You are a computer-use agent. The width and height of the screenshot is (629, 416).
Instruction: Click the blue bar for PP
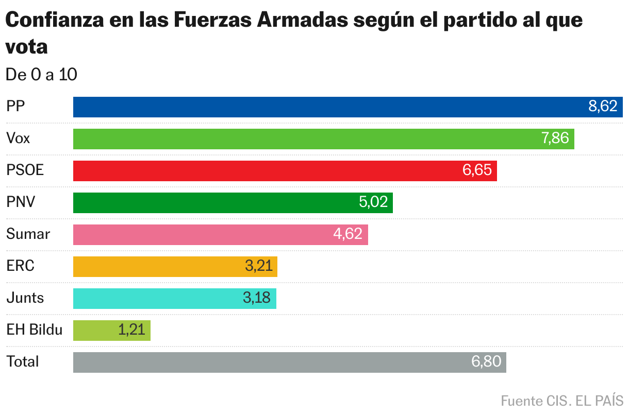tap(330, 107)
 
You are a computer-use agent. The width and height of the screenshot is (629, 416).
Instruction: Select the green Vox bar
tap(309, 139)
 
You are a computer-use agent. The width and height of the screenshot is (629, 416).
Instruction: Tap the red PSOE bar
tap(268, 171)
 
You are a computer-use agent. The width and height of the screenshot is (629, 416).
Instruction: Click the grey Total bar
tap(273, 362)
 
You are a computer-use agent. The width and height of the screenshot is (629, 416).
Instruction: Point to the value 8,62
tap(603, 107)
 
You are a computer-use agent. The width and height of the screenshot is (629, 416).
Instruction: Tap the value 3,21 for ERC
tap(258, 267)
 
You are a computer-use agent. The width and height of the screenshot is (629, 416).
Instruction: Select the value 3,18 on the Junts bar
tap(257, 299)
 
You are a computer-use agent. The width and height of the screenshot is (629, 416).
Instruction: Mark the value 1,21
tap(132, 331)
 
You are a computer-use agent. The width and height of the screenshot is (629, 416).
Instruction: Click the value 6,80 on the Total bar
tap(486, 362)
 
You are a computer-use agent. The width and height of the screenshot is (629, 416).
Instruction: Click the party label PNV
tap(21, 202)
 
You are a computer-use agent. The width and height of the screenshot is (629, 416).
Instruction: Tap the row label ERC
tap(20, 266)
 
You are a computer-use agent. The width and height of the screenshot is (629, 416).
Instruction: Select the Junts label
tap(25, 298)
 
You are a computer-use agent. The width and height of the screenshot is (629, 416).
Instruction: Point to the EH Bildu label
tap(34, 330)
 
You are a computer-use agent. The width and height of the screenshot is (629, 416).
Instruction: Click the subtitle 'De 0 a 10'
tap(41, 75)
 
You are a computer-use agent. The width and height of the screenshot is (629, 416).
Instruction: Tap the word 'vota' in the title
tap(26, 46)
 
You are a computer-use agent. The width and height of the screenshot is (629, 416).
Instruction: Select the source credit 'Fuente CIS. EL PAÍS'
tap(562, 401)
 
